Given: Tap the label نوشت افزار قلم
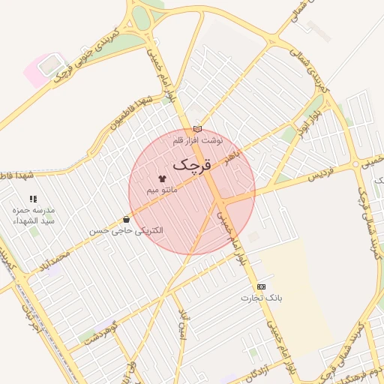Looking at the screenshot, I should pyautogui.click(x=198, y=140).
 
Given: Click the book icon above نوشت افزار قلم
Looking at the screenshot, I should pyautogui.click(x=197, y=129).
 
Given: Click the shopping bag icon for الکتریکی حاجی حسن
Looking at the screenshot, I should pyautogui.click(x=126, y=220).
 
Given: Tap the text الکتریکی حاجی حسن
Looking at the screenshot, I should pyautogui.click(x=126, y=231).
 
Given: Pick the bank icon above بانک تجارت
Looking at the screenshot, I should pyautogui.click(x=261, y=286).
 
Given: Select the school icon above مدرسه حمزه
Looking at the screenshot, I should pyautogui.click(x=32, y=199).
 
